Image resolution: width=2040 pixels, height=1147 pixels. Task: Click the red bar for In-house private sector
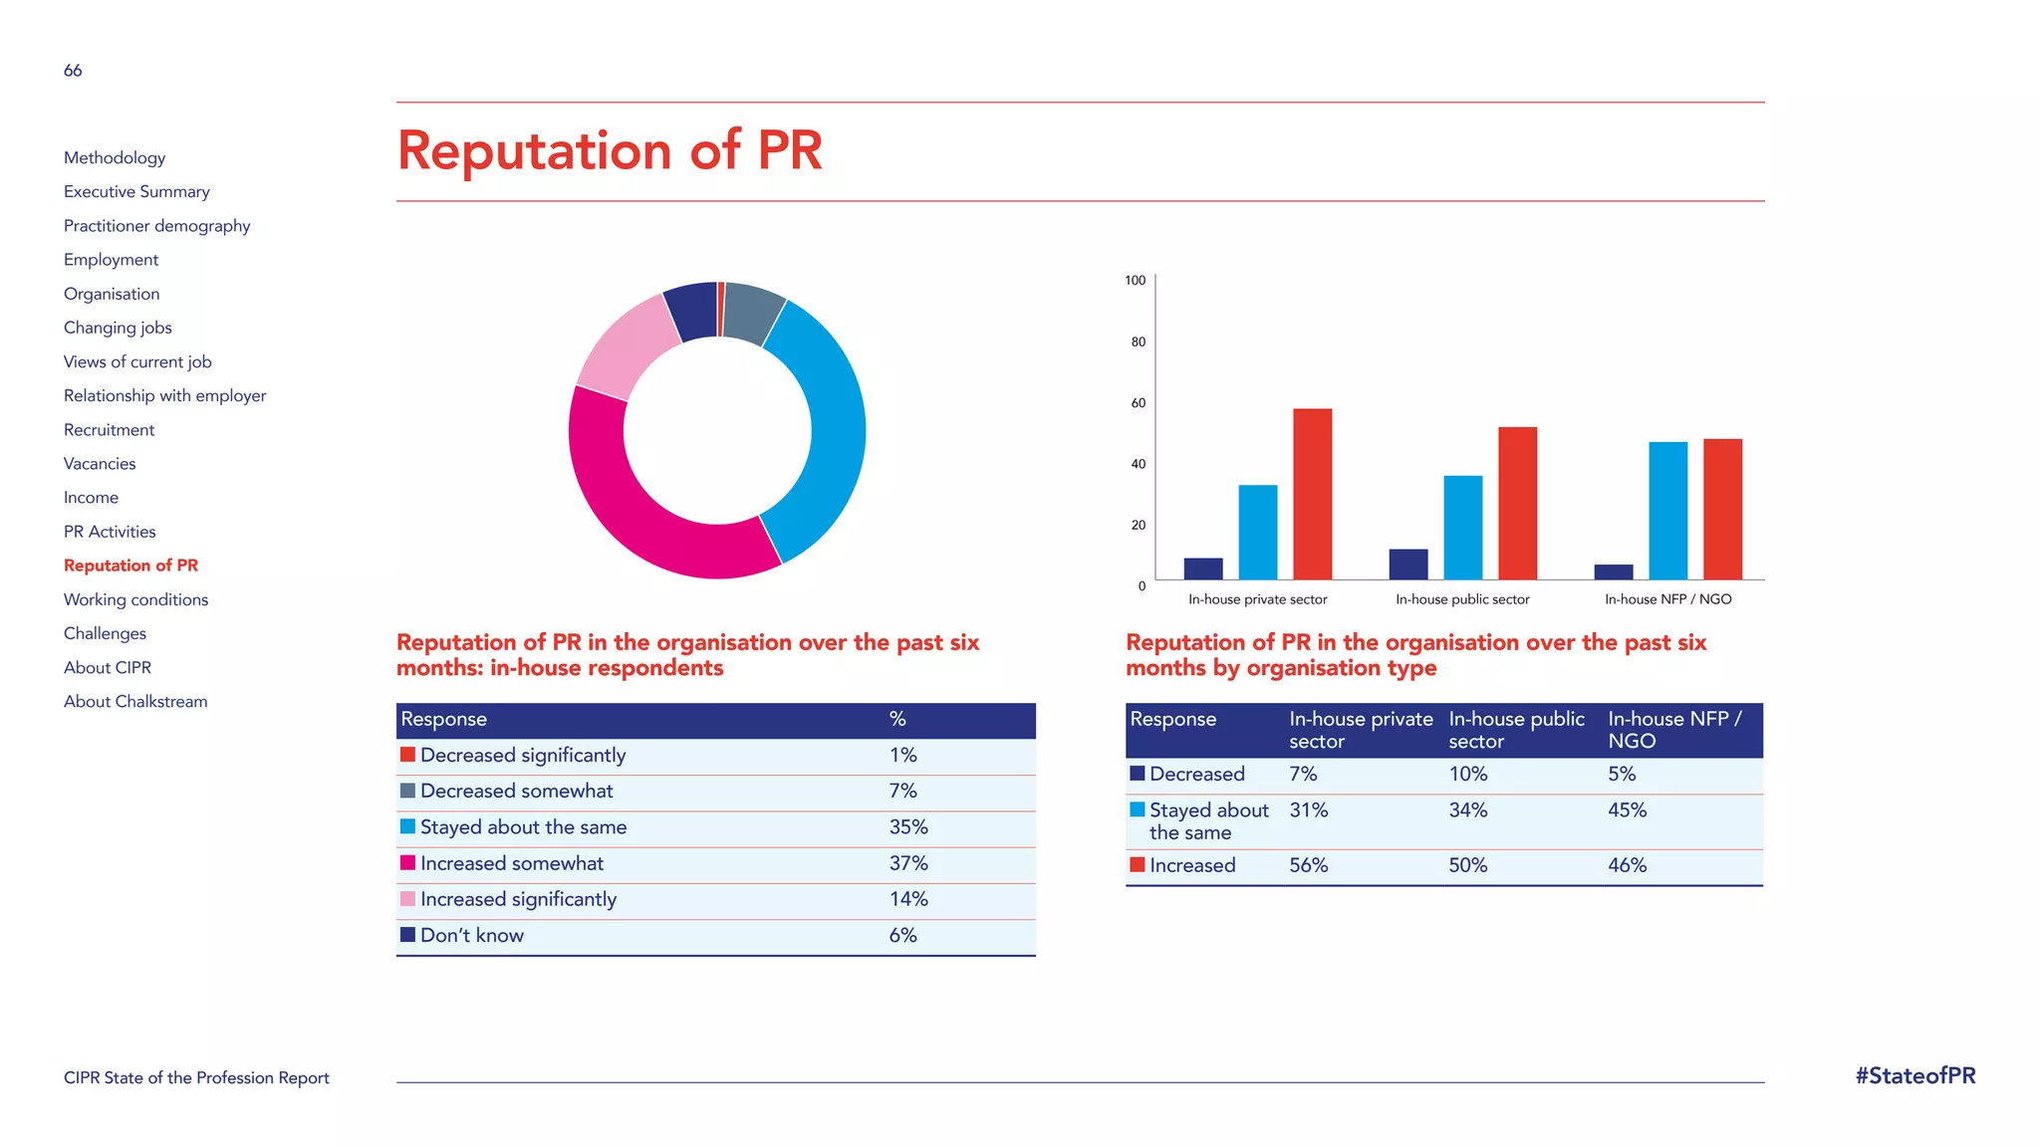click(x=1312, y=494)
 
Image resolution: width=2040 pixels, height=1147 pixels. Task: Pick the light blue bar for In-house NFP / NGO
click(x=1667, y=511)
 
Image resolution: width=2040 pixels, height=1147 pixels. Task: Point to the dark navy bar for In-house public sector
click(x=1407, y=565)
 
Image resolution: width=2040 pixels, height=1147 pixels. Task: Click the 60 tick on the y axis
click(x=1138, y=403)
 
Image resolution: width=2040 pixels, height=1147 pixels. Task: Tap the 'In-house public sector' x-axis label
click(x=1461, y=599)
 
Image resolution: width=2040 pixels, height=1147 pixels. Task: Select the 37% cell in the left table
click(x=907, y=863)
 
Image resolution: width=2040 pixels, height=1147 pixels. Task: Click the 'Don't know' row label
click(x=471, y=936)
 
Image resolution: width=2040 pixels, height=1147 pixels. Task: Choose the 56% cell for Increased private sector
click(x=1308, y=866)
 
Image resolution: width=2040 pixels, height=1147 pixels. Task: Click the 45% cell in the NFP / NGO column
click(x=1627, y=810)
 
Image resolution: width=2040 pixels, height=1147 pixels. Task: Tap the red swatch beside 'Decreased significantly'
click(x=407, y=755)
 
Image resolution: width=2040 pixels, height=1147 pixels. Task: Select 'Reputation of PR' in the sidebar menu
click(x=130, y=566)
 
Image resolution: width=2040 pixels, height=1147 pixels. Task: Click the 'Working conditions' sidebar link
click(x=135, y=599)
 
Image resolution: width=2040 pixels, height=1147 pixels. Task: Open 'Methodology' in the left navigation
click(x=115, y=157)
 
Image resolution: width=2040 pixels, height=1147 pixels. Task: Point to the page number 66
click(x=73, y=71)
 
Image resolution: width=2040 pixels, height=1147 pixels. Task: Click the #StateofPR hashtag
click(x=1914, y=1076)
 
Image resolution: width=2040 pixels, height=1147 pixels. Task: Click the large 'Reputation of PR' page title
click(x=610, y=151)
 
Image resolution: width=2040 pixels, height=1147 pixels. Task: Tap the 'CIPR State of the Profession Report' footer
click(x=196, y=1078)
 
